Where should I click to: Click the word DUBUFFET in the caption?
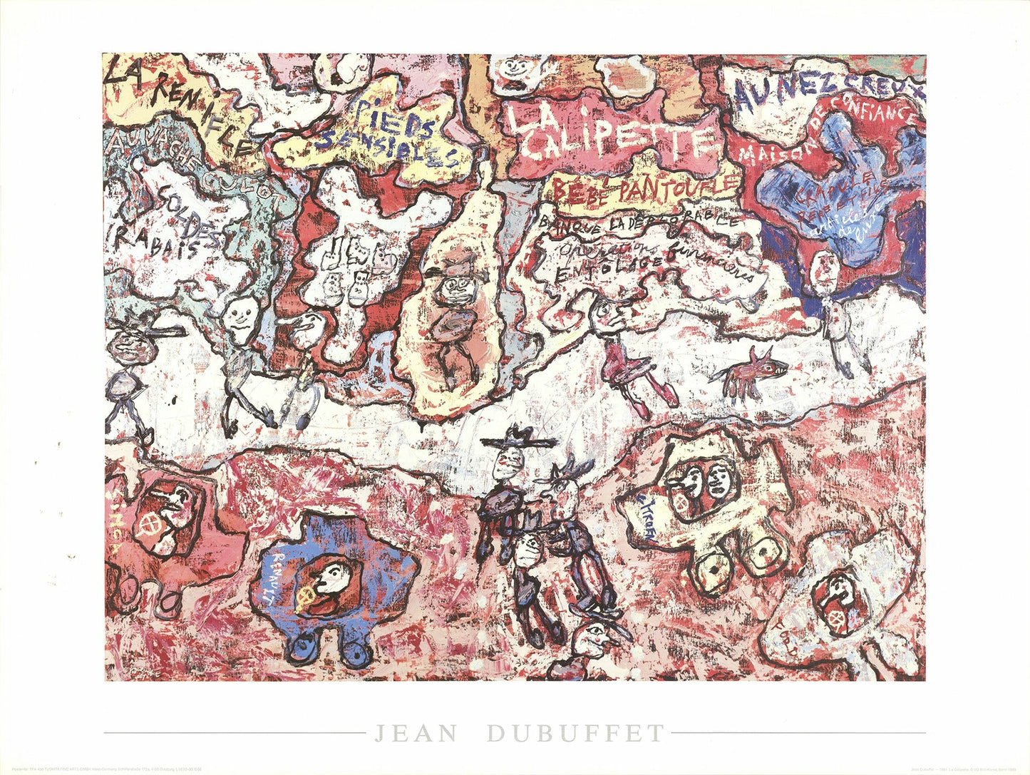576,733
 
